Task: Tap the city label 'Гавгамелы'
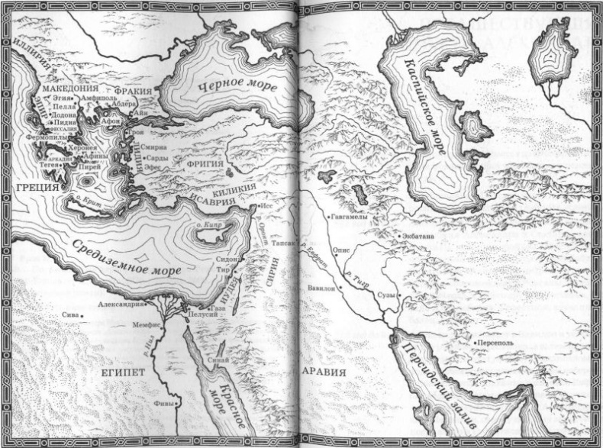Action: click(x=350, y=218)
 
